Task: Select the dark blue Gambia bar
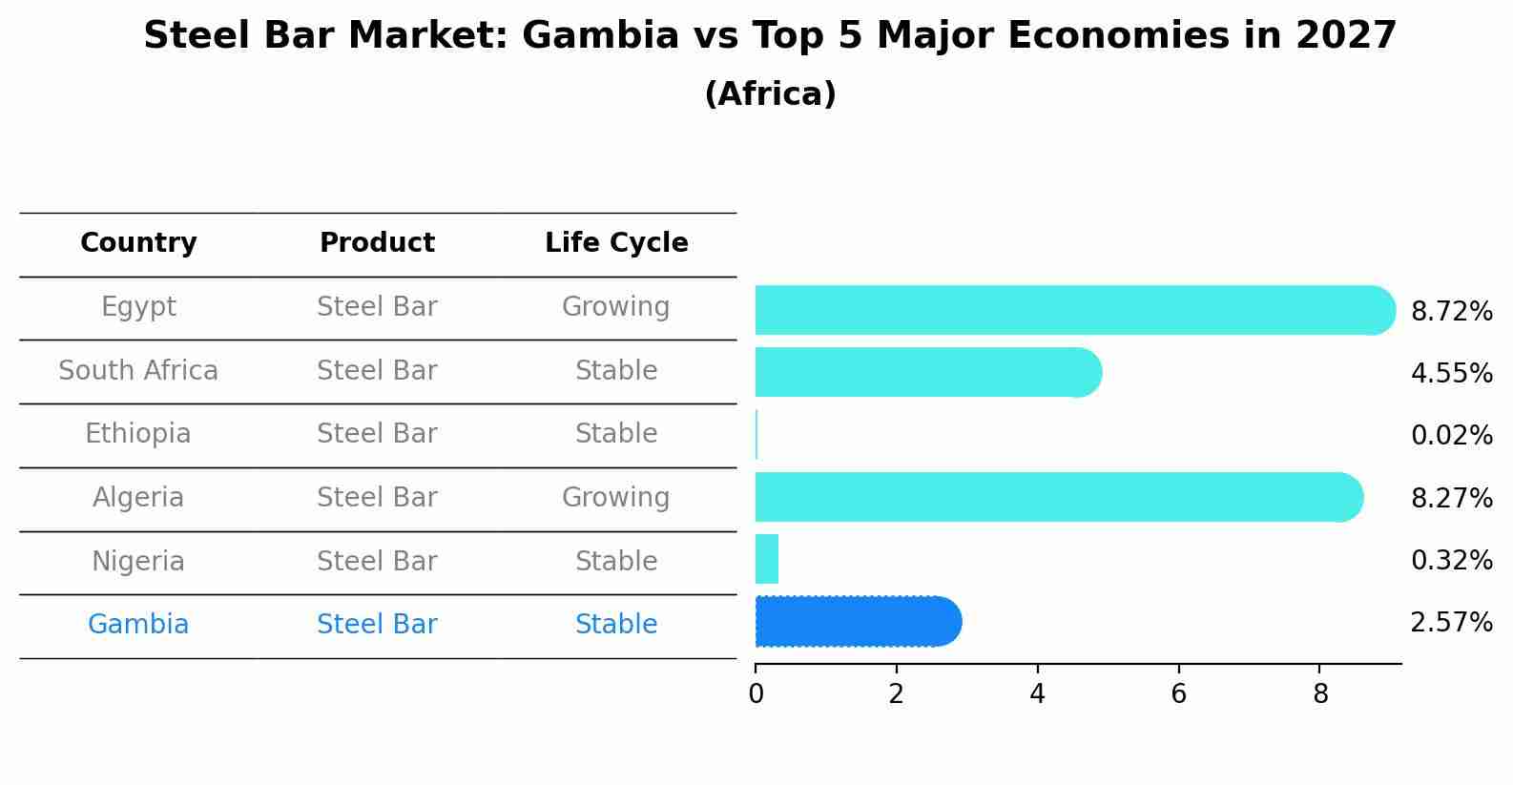(x=857, y=622)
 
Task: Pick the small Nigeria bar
(x=767, y=559)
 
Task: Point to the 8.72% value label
(x=1451, y=312)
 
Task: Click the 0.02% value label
(x=1451, y=436)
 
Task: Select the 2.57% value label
(x=1451, y=623)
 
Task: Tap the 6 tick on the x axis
(x=1178, y=694)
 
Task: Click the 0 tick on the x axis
(x=756, y=694)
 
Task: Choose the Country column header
(x=138, y=243)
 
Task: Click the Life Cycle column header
(x=616, y=243)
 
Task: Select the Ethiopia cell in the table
(x=138, y=434)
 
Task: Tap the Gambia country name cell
(x=138, y=625)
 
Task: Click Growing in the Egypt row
(x=615, y=307)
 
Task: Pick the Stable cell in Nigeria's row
(x=615, y=561)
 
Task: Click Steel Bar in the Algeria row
(x=377, y=498)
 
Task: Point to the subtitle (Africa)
(x=770, y=94)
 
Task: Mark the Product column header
(x=377, y=243)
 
